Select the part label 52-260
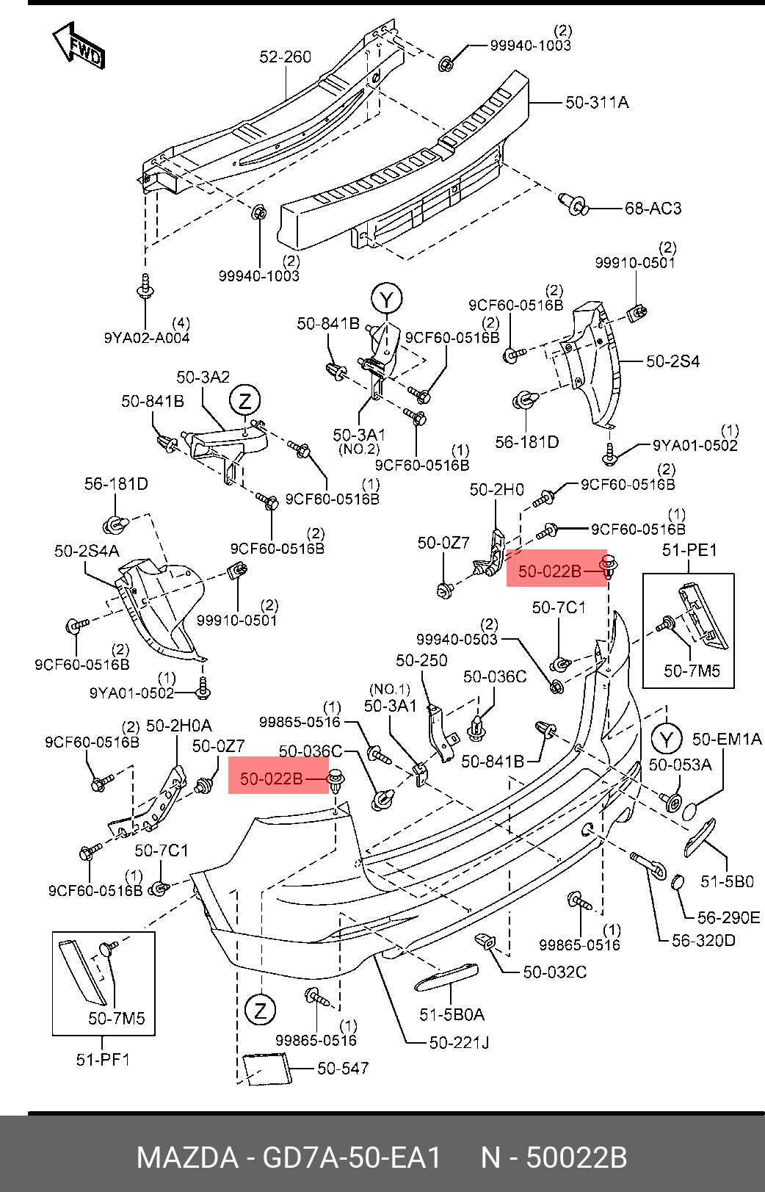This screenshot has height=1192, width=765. click(285, 57)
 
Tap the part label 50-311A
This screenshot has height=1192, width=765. click(597, 102)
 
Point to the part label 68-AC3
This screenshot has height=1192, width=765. click(653, 209)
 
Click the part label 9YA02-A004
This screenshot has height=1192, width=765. click(147, 338)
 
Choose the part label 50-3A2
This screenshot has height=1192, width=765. click(203, 378)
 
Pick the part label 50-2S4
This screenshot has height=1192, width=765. click(672, 361)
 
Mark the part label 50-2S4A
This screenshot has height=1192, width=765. click(87, 551)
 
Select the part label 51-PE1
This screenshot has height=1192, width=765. click(689, 550)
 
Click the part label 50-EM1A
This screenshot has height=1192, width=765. click(726, 740)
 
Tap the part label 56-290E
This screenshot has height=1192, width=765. click(728, 917)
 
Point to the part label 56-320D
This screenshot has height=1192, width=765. click(703, 940)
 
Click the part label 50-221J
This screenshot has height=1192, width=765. click(459, 1042)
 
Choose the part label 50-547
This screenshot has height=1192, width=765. click(343, 1069)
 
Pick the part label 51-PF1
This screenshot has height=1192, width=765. click(103, 1060)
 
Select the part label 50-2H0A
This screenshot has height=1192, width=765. click(178, 726)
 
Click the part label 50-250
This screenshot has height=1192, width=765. click(421, 661)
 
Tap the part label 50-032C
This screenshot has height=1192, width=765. click(554, 972)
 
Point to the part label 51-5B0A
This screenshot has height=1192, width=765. click(452, 1015)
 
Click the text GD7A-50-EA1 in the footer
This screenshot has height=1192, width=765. click(352, 1158)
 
